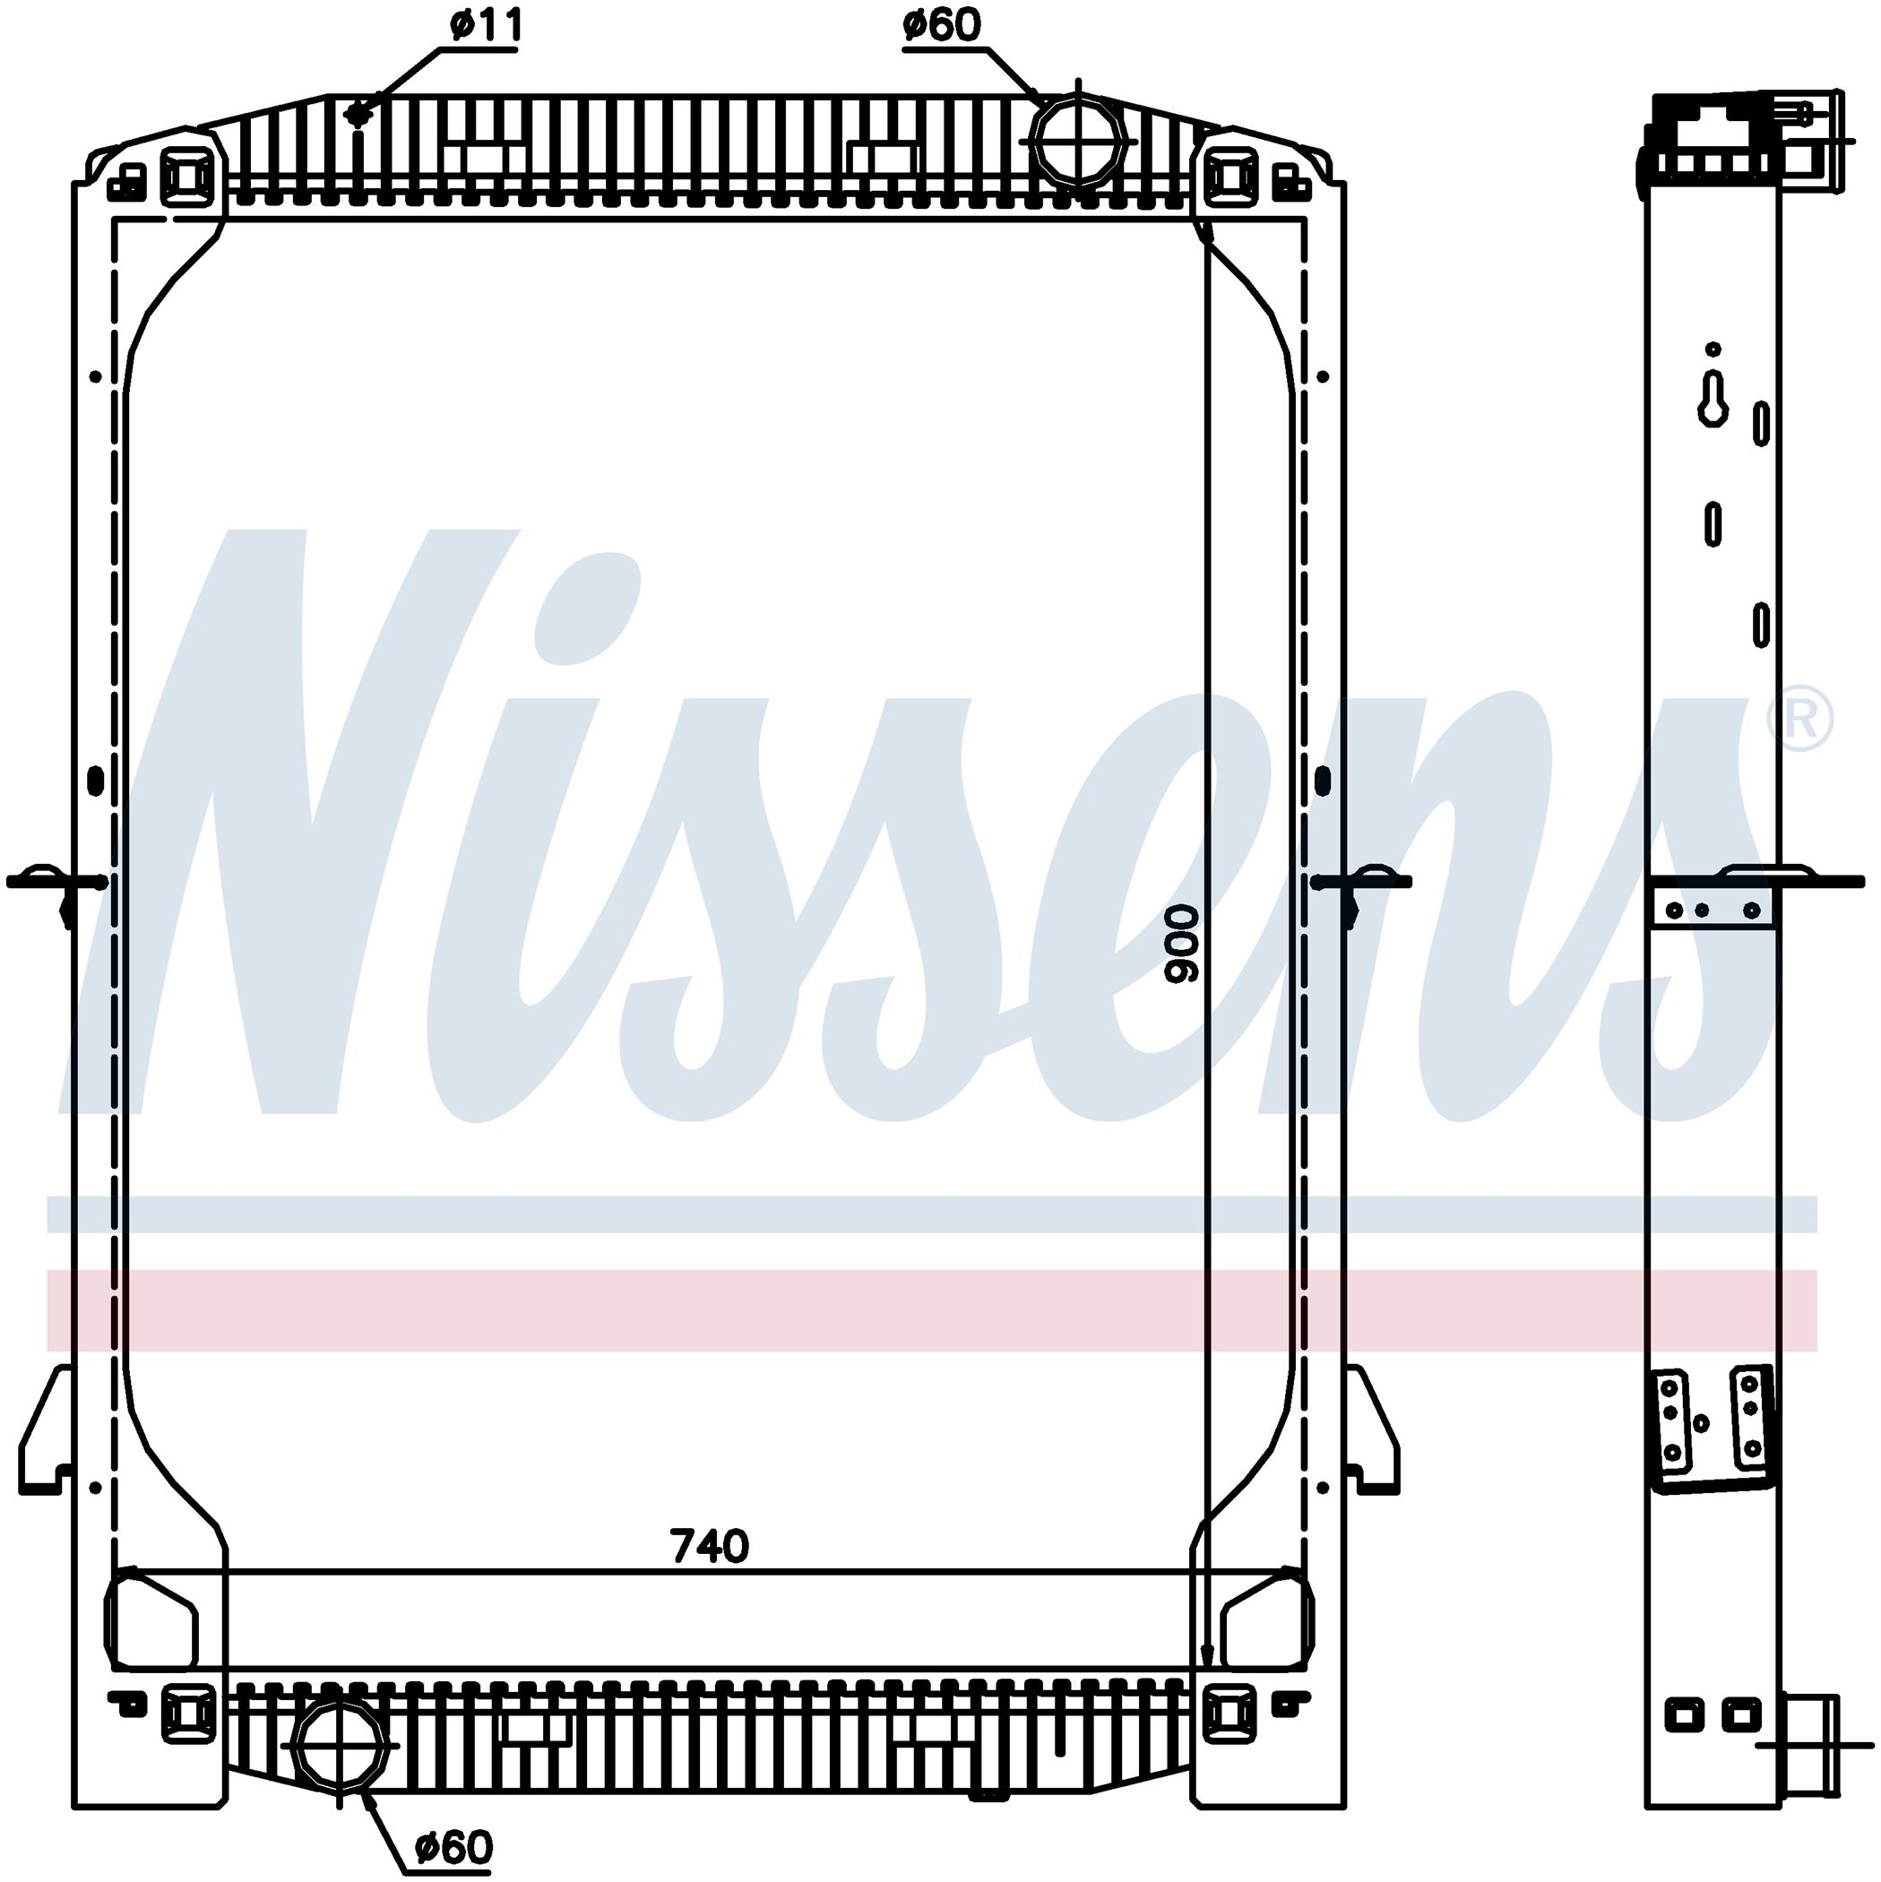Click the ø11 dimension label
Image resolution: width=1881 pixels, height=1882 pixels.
(486, 26)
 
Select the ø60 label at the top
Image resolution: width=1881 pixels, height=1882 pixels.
(941, 25)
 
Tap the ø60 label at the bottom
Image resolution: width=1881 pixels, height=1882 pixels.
(454, 1846)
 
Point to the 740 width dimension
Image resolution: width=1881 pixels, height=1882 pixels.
(709, 1546)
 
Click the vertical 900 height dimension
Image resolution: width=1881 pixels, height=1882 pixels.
(1185, 942)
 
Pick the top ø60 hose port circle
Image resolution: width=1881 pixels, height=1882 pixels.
(1078, 142)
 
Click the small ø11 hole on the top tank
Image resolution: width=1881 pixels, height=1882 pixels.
(358, 115)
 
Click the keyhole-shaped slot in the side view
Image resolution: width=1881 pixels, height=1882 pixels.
(1713, 400)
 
